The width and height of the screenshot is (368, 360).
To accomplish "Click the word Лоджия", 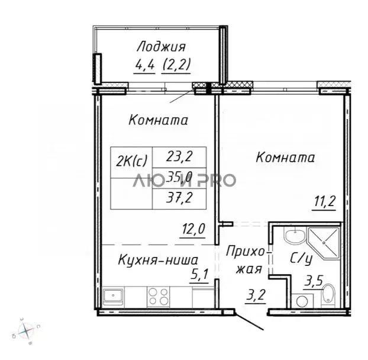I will coord(161,47).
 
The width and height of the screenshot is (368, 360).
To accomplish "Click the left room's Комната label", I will coord(158,120).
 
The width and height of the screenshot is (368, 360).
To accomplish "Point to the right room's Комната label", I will coord(285,158).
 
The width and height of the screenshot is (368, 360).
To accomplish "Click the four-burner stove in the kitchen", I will coord(159,295).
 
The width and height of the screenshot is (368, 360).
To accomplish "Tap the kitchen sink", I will coord(114,295).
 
